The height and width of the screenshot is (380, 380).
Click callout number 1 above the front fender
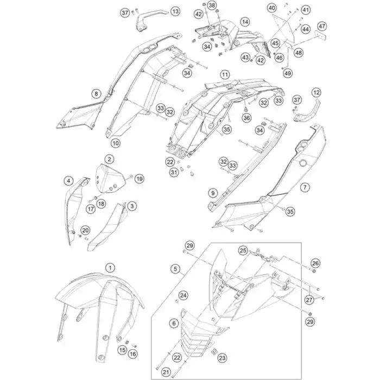click(x=110, y=268)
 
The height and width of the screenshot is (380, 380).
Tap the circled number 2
click(x=110, y=159)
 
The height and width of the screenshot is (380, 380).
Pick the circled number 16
click(x=133, y=354)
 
